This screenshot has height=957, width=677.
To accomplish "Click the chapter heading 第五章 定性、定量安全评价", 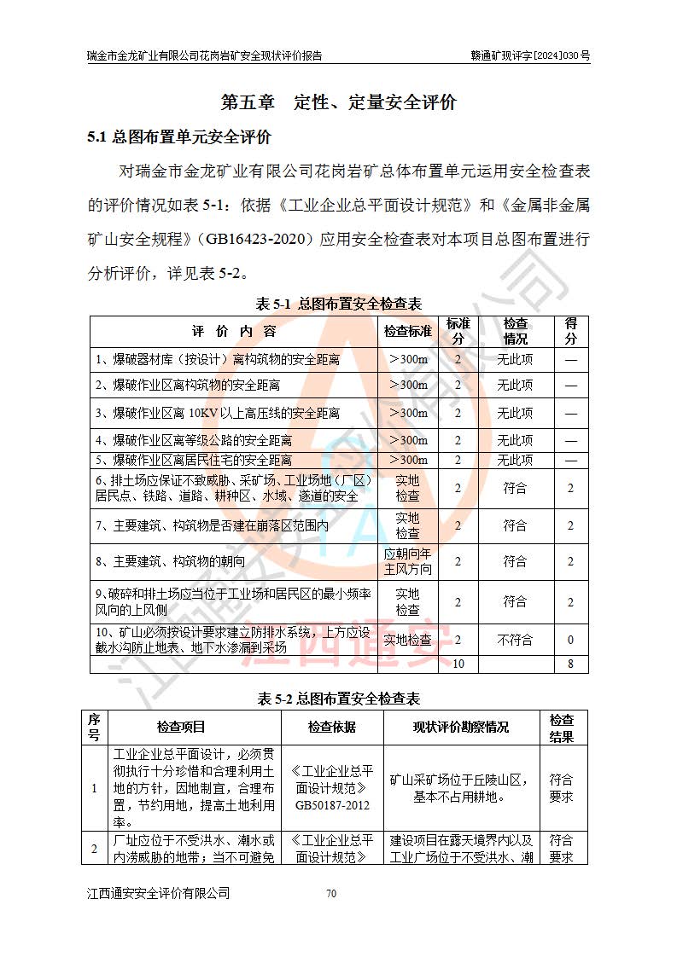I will pyautogui.click(x=339, y=103).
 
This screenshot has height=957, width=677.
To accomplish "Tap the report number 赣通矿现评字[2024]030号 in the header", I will pyautogui.click(x=530, y=56).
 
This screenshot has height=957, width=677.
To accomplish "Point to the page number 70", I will pyautogui.click(x=332, y=894).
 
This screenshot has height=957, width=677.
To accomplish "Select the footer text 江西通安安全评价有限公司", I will pyautogui.click(x=159, y=894).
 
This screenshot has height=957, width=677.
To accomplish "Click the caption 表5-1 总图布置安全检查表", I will pyautogui.click(x=339, y=304).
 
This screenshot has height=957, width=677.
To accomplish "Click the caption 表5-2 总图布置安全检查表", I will pyautogui.click(x=339, y=699).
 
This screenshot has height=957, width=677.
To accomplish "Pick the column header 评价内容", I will pyautogui.click(x=234, y=331).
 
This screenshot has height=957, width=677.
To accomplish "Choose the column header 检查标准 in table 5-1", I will pyautogui.click(x=407, y=331).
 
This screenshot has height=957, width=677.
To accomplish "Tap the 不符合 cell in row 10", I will pyautogui.click(x=515, y=640).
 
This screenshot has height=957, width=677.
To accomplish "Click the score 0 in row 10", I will pyautogui.click(x=570, y=640).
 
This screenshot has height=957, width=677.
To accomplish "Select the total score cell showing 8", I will pyautogui.click(x=570, y=664).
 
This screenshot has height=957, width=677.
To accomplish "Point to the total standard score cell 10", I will pyautogui.click(x=458, y=664).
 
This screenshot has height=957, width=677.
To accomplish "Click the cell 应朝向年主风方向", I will pyautogui.click(x=407, y=561).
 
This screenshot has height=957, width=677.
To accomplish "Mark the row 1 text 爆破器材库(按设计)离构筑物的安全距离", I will pyautogui.click(x=218, y=359).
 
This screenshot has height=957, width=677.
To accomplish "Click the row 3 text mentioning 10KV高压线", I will pyautogui.click(x=218, y=414).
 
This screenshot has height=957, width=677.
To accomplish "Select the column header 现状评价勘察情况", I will pyautogui.click(x=461, y=727).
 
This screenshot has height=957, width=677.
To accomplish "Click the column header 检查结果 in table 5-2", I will pyautogui.click(x=561, y=727).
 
